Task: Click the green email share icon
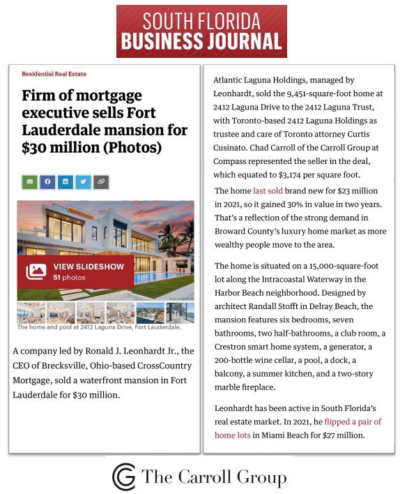pyautogui.click(x=30, y=182)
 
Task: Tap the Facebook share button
pyautogui.click(x=48, y=182)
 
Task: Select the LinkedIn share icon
pyautogui.click(x=66, y=182)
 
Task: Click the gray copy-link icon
pyautogui.click(x=102, y=182)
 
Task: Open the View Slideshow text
pyautogui.click(x=89, y=267)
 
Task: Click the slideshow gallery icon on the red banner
pyautogui.click(x=36, y=271)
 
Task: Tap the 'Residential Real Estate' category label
pyautogui.click(x=54, y=74)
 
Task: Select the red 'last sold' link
pyautogui.click(x=268, y=191)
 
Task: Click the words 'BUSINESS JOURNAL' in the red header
pyautogui.click(x=201, y=43)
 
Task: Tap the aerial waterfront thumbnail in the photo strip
pyautogui.click(x=150, y=312)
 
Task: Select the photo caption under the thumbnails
pyautogui.click(x=98, y=327)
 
